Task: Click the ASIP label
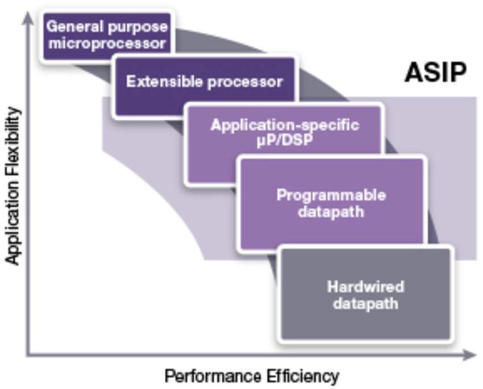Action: point(435,73)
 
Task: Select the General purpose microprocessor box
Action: point(107,35)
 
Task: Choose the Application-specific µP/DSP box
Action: point(284,142)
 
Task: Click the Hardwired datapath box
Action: point(365,294)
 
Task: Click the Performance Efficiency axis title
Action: point(252,376)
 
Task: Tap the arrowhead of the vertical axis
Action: point(26,15)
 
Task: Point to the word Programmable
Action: point(331,195)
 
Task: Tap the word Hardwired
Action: point(365,286)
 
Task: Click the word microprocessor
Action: point(107,43)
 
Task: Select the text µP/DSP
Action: point(285,140)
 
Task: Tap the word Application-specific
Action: point(285,125)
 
